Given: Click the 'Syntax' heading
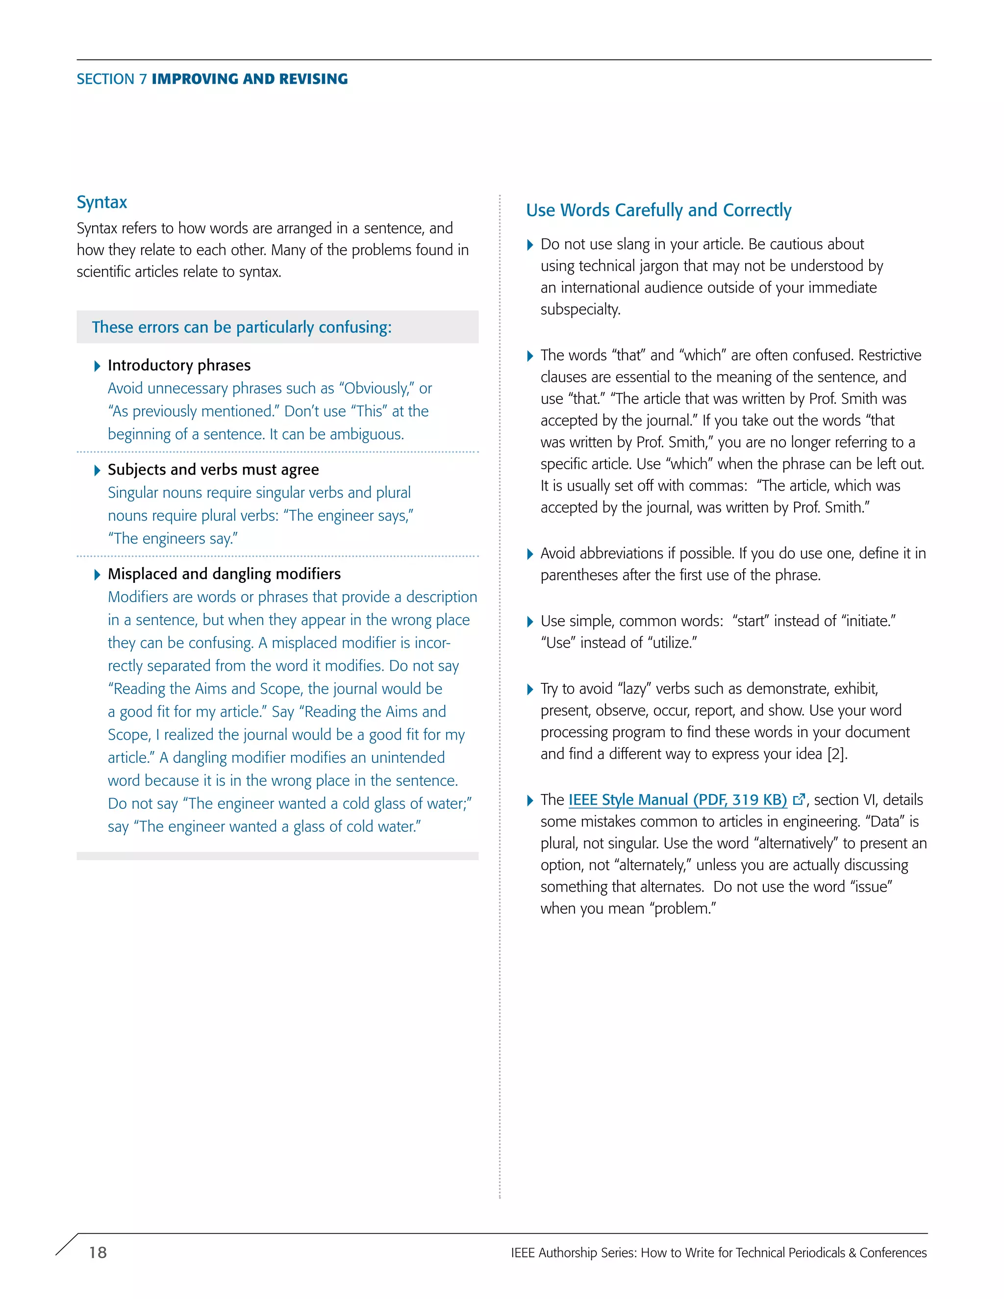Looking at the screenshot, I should pos(101,202).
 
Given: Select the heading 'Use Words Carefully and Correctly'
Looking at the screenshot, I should pos(658,210).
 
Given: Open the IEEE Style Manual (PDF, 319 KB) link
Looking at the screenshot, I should pos(678,800).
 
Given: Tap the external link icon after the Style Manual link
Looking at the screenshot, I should pos(799,800).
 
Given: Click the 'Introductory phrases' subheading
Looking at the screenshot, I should pos(179,365).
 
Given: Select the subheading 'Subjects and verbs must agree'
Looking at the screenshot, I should pos(213,470).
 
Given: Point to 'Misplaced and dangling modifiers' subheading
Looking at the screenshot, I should pos(224,574).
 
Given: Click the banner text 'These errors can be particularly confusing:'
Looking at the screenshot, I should pos(242,327).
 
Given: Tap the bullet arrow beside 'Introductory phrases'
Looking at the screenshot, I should pos(98,366).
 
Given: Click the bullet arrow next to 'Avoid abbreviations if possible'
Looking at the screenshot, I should pos(530,554).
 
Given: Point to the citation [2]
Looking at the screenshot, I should pos(836,754).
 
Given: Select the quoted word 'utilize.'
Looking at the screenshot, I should pos(672,643).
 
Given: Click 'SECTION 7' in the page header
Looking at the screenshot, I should pos(111,79).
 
